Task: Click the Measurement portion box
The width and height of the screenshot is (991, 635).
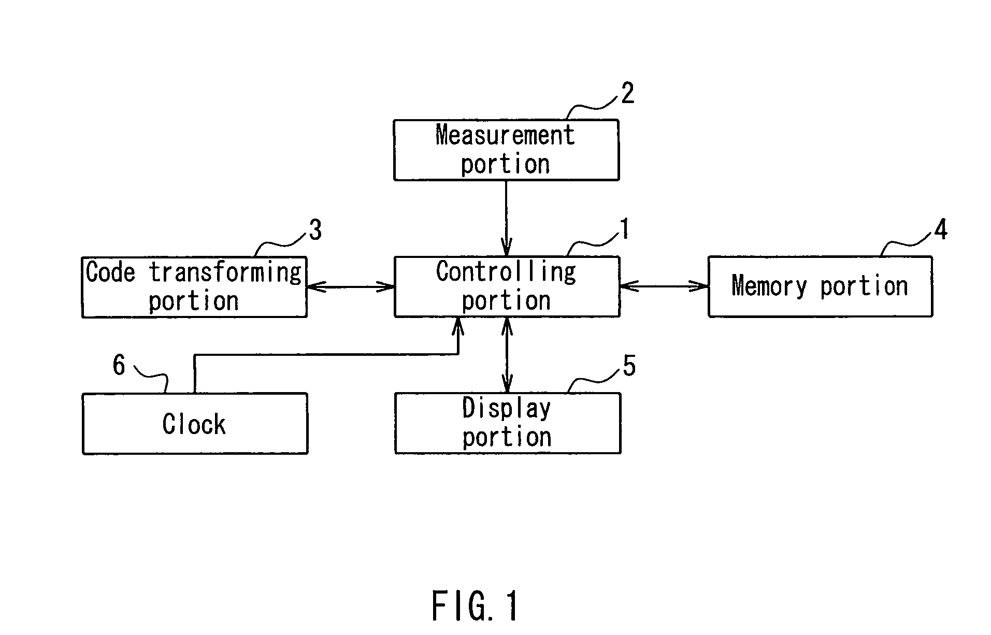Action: tap(506, 150)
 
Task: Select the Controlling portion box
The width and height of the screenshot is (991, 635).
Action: tap(507, 286)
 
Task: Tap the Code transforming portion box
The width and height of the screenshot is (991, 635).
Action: tap(194, 287)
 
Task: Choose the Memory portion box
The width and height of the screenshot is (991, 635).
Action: tap(820, 286)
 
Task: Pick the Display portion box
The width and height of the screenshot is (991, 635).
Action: tap(507, 423)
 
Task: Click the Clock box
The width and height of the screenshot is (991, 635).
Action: tap(195, 424)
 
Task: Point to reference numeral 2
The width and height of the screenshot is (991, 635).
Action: tap(627, 94)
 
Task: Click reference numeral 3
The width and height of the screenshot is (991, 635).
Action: tap(315, 230)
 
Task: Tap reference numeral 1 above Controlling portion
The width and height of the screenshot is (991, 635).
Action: tap(625, 229)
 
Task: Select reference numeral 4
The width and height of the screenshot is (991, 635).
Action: tap(941, 229)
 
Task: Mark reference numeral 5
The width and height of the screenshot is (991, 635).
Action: tap(629, 367)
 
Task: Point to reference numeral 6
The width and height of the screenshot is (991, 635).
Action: tap(119, 366)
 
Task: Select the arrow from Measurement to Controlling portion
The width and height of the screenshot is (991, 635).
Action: tap(506, 218)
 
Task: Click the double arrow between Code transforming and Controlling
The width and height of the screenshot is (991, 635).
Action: tap(351, 286)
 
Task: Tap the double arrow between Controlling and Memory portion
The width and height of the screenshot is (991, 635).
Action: tap(664, 286)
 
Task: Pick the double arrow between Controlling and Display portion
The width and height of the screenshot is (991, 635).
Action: tap(507, 355)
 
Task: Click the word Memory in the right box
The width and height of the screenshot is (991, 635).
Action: tap(769, 286)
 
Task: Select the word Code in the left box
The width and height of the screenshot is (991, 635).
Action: tap(110, 272)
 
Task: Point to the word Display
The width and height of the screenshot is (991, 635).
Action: tap(506, 409)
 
